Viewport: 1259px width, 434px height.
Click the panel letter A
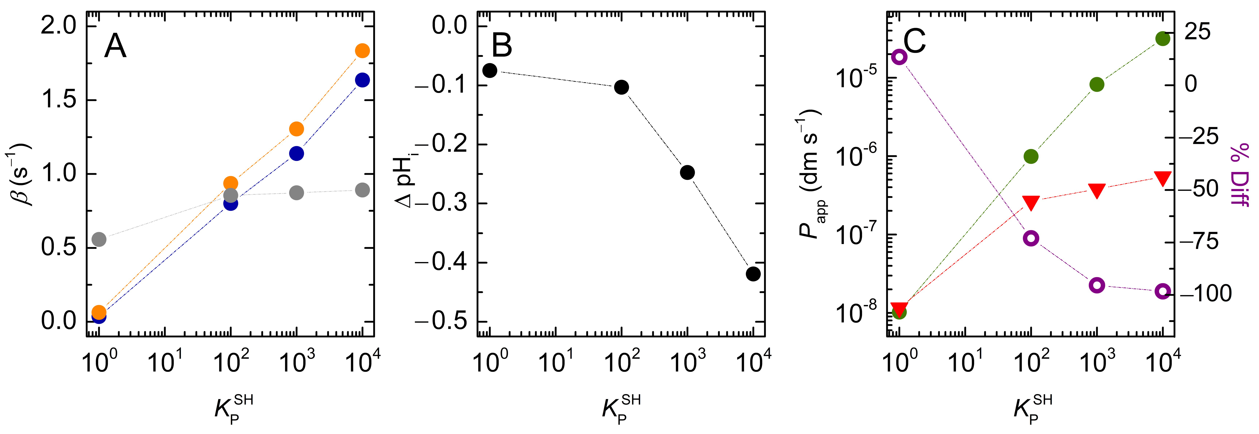[x=115, y=47]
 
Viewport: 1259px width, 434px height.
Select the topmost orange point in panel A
[x=362, y=51]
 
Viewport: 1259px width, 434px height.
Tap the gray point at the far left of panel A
[x=99, y=239]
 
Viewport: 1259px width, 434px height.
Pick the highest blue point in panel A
[x=362, y=80]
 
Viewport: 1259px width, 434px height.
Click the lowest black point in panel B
[x=753, y=274]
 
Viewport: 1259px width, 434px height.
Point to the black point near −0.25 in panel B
[x=687, y=172]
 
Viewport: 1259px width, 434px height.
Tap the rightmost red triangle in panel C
[x=1163, y=178]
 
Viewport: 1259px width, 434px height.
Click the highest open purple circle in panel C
[x=899, y=57]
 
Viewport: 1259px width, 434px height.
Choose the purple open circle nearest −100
[x=1163, y=292]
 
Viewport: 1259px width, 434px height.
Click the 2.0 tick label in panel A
[x=59, y=25]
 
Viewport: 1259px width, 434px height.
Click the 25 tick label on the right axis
[x=1197, y=32]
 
